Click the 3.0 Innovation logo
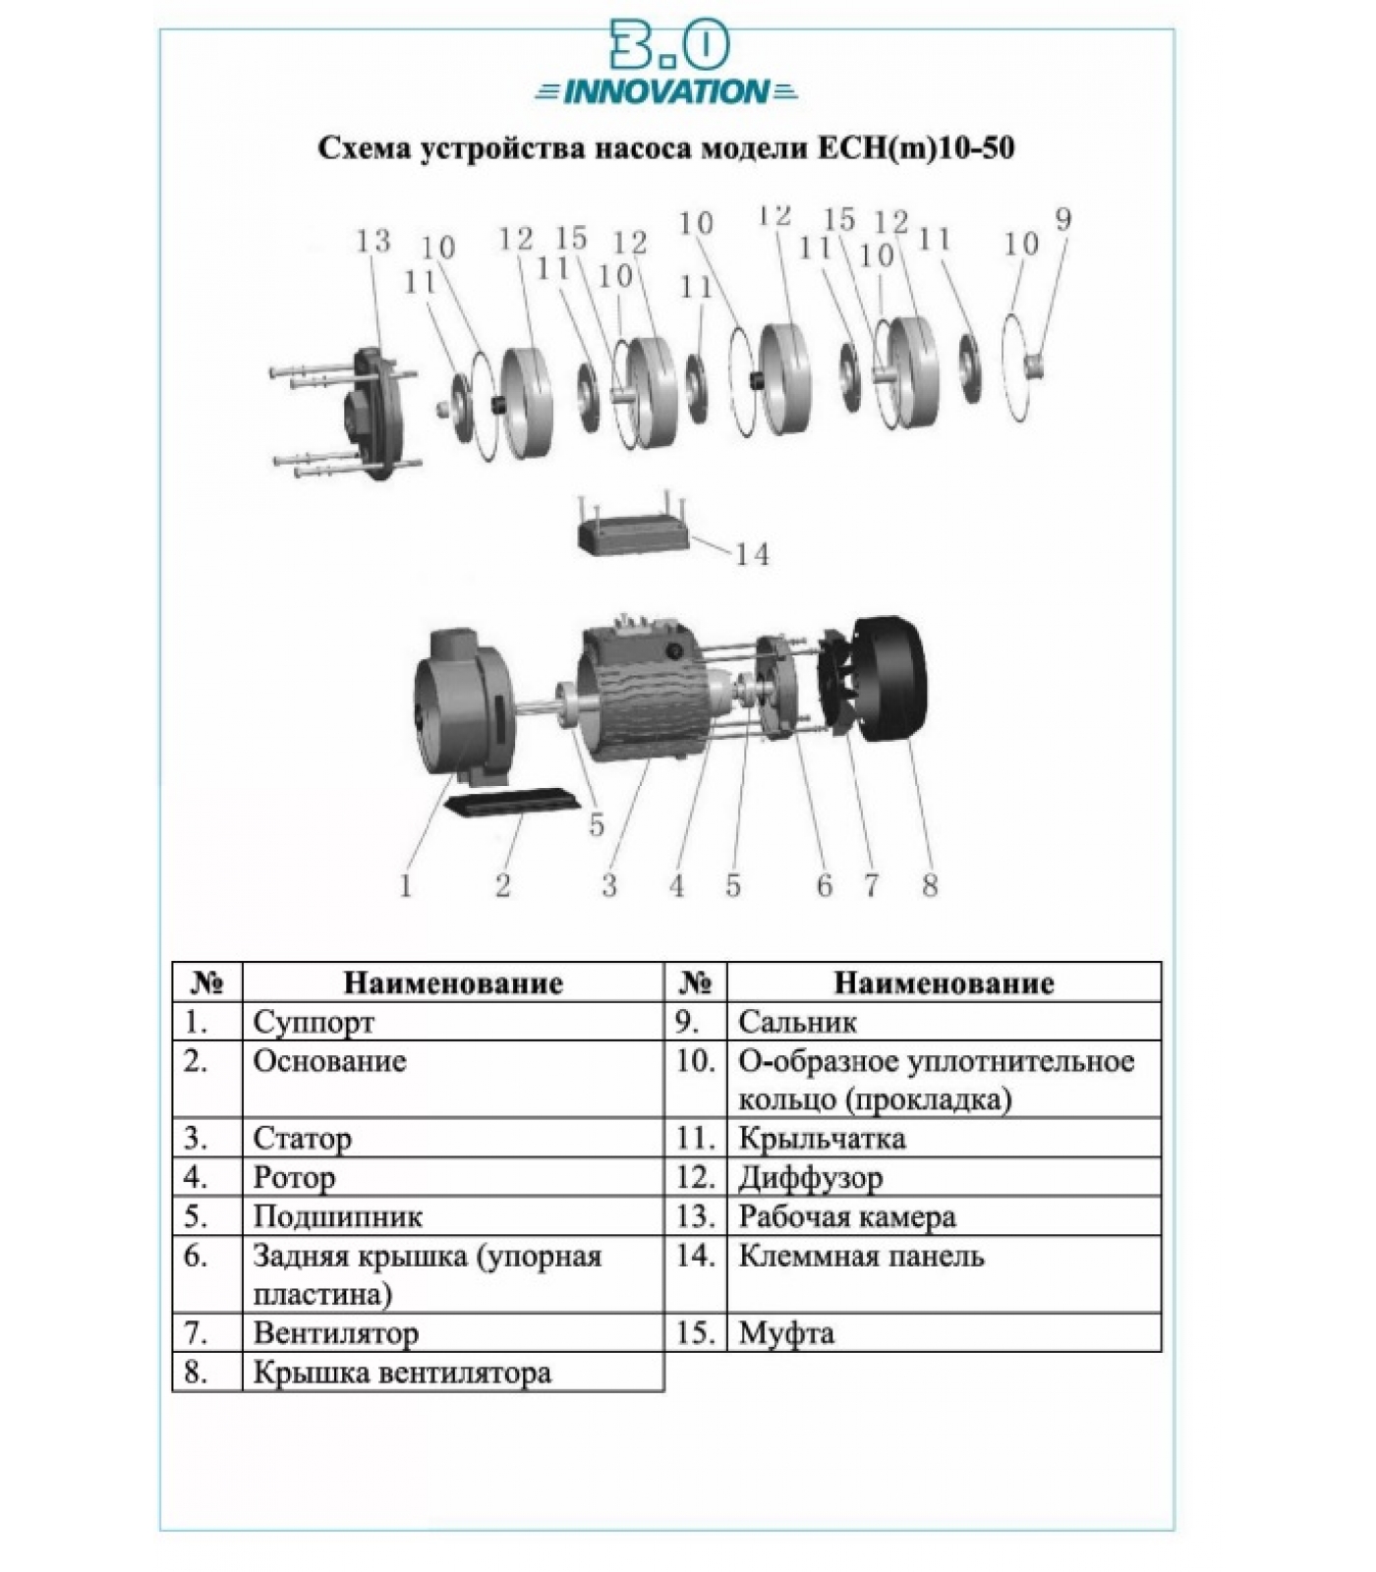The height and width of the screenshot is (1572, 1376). [666, 64]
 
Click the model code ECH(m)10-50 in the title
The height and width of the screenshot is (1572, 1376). [915, 148]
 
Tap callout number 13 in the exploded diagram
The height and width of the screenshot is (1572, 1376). [373, 241]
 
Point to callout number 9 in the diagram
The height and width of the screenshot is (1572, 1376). [1062, 219]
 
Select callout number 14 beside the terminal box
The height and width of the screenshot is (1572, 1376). [753, 555]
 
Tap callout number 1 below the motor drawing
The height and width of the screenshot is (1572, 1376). [405, 885]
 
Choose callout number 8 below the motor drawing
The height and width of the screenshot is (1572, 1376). [930, 885]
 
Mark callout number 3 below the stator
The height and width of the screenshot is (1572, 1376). [609, 885]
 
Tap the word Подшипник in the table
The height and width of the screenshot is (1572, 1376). [338, 1217]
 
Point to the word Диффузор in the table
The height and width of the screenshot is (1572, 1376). [810, 1178]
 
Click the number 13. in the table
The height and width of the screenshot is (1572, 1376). [693, 1216]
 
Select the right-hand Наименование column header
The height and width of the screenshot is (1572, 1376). [944, 983]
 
